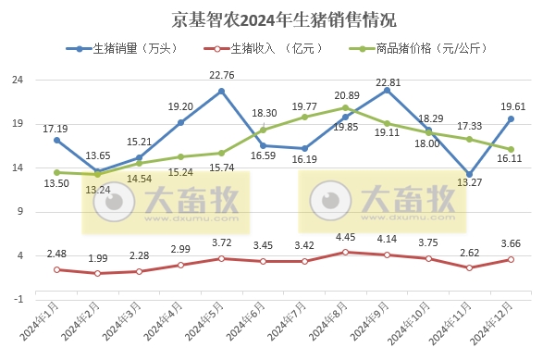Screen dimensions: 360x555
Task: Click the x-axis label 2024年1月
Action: [43, 324]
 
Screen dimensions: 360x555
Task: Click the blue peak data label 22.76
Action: [221, 75]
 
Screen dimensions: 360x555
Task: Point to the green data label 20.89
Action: [347, 95]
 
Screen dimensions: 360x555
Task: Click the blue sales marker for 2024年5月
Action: [222, 91]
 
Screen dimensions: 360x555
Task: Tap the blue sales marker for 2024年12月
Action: [511, 118]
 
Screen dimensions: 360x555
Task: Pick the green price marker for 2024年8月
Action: [346, 107]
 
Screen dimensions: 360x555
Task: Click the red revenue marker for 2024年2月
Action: [98, 273]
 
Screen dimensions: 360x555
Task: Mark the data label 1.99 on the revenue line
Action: [97, 257]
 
